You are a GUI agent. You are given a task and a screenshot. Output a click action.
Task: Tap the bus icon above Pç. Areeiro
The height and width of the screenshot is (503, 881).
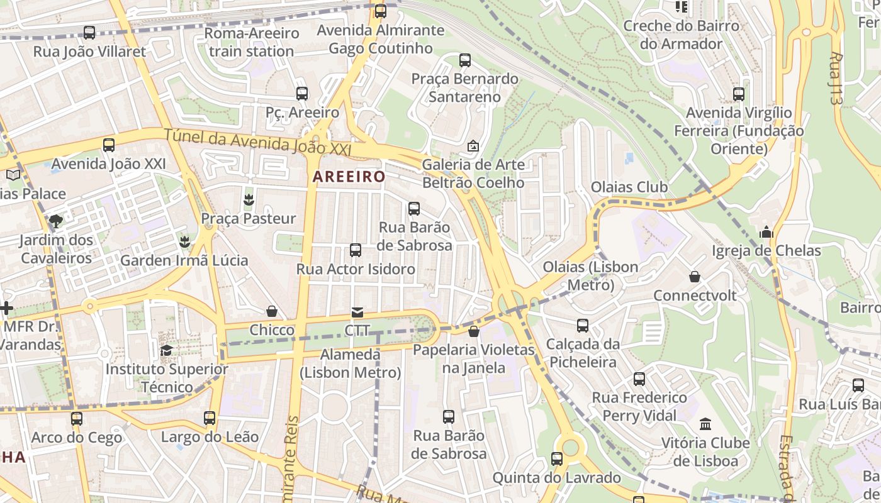coord(302,94)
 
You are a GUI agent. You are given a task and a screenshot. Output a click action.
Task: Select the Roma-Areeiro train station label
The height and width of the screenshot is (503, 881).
coord(251,42)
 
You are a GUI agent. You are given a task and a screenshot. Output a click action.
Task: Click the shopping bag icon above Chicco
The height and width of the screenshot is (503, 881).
coord(272,311)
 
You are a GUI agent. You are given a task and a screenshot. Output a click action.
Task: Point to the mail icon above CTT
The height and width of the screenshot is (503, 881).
coord(357,312)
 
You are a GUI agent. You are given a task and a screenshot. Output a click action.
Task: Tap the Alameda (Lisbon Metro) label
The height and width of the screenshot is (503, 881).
coord(350,363)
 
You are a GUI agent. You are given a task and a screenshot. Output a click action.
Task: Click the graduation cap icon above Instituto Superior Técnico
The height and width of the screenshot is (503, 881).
coord(166,350)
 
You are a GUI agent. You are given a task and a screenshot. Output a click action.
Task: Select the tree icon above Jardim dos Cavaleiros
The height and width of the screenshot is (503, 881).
coord(56,221)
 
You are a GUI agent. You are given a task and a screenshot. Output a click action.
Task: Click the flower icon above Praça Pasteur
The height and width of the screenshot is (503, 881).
coord(249,200)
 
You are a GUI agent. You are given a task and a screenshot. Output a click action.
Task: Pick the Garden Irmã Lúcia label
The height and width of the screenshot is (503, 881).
coord(184,260)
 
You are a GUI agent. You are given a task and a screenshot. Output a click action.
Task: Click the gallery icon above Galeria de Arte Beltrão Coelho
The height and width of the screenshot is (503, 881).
coord(473,146)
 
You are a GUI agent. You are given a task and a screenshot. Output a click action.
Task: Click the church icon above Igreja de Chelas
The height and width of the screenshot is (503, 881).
coord(766,232)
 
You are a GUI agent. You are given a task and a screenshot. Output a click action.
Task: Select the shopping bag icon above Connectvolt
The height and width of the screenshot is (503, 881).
coord(695,277)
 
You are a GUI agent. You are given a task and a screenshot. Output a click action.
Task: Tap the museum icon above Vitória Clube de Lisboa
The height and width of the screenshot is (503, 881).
coord(705,424)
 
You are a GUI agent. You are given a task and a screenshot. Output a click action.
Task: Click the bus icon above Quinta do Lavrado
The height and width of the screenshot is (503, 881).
coord(557,459)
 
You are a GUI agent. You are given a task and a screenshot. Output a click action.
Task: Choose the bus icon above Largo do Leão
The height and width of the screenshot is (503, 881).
coord(210,418)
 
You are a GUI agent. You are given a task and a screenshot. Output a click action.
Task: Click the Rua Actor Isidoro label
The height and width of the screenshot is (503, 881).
coord(356,269)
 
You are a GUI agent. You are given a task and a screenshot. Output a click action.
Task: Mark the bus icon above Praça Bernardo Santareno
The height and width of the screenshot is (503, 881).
coord(465,60)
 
